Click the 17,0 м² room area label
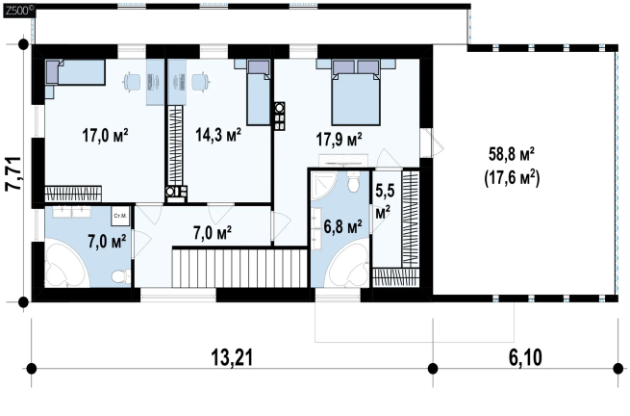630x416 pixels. [105, 135]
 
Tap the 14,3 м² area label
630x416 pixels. [218, 135]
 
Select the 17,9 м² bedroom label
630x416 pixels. [339, 140]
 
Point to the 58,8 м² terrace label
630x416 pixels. [512, 154]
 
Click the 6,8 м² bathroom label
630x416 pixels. [342, 227]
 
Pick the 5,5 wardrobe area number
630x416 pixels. [385, 192]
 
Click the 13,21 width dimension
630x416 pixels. [232, 357]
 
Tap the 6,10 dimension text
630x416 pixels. [525, 357]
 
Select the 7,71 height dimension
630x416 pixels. [13, 173]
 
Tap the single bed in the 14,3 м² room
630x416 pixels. [258, 92]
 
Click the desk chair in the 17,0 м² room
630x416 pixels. [132, 82]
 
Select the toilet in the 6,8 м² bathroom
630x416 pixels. [353, 182]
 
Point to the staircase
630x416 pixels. [240, 268]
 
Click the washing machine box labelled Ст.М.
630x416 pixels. [120, 216]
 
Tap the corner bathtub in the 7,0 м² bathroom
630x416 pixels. [66, 264]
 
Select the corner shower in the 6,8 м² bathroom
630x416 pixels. [324, 185]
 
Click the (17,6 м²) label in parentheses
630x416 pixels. [513, 178]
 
